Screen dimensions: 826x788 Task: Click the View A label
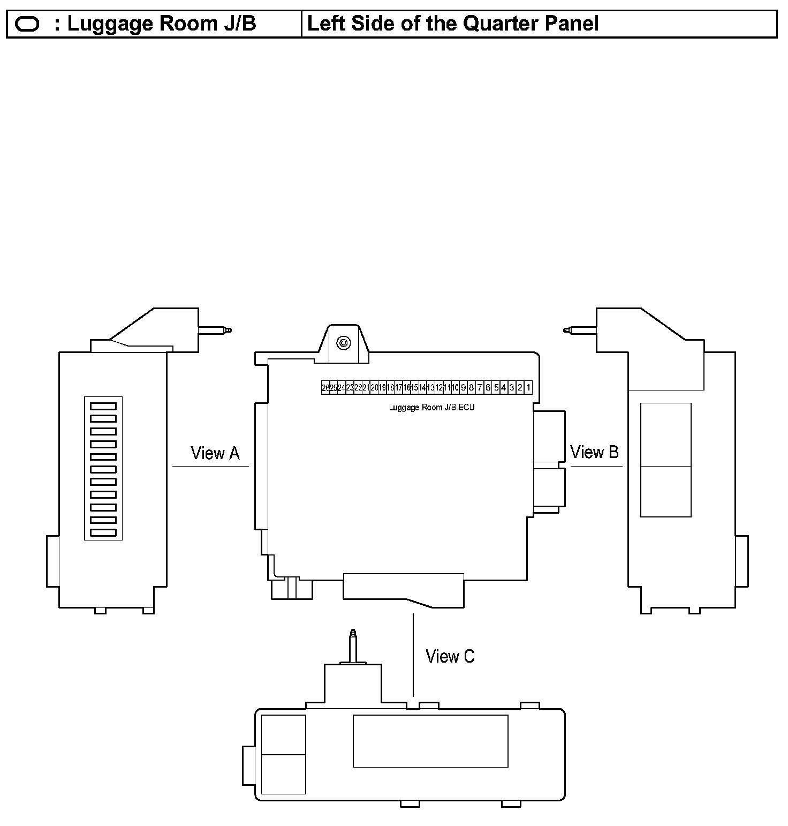[x=215, y=453]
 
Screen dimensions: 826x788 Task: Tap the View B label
[x=594, y=452]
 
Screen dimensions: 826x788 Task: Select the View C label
[x=450, y=656]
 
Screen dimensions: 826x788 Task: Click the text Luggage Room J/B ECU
[x=431, y=407]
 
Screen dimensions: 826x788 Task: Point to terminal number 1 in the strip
[x=528, y=387]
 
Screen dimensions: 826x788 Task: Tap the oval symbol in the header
[x=27, y=24]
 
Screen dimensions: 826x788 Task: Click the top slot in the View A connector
[x=103, y=406]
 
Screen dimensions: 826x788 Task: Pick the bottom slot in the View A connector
[x=103, y=532]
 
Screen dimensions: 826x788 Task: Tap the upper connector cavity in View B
[x=665, y=434]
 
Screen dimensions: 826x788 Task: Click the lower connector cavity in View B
[x=665, y=491]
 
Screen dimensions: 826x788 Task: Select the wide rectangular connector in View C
[x=430, y=741]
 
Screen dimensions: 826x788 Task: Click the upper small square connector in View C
[x=283, y=734]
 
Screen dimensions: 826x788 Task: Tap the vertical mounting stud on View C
[x=352, y=645]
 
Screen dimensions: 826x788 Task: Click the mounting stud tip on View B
[x=567, y=330]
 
